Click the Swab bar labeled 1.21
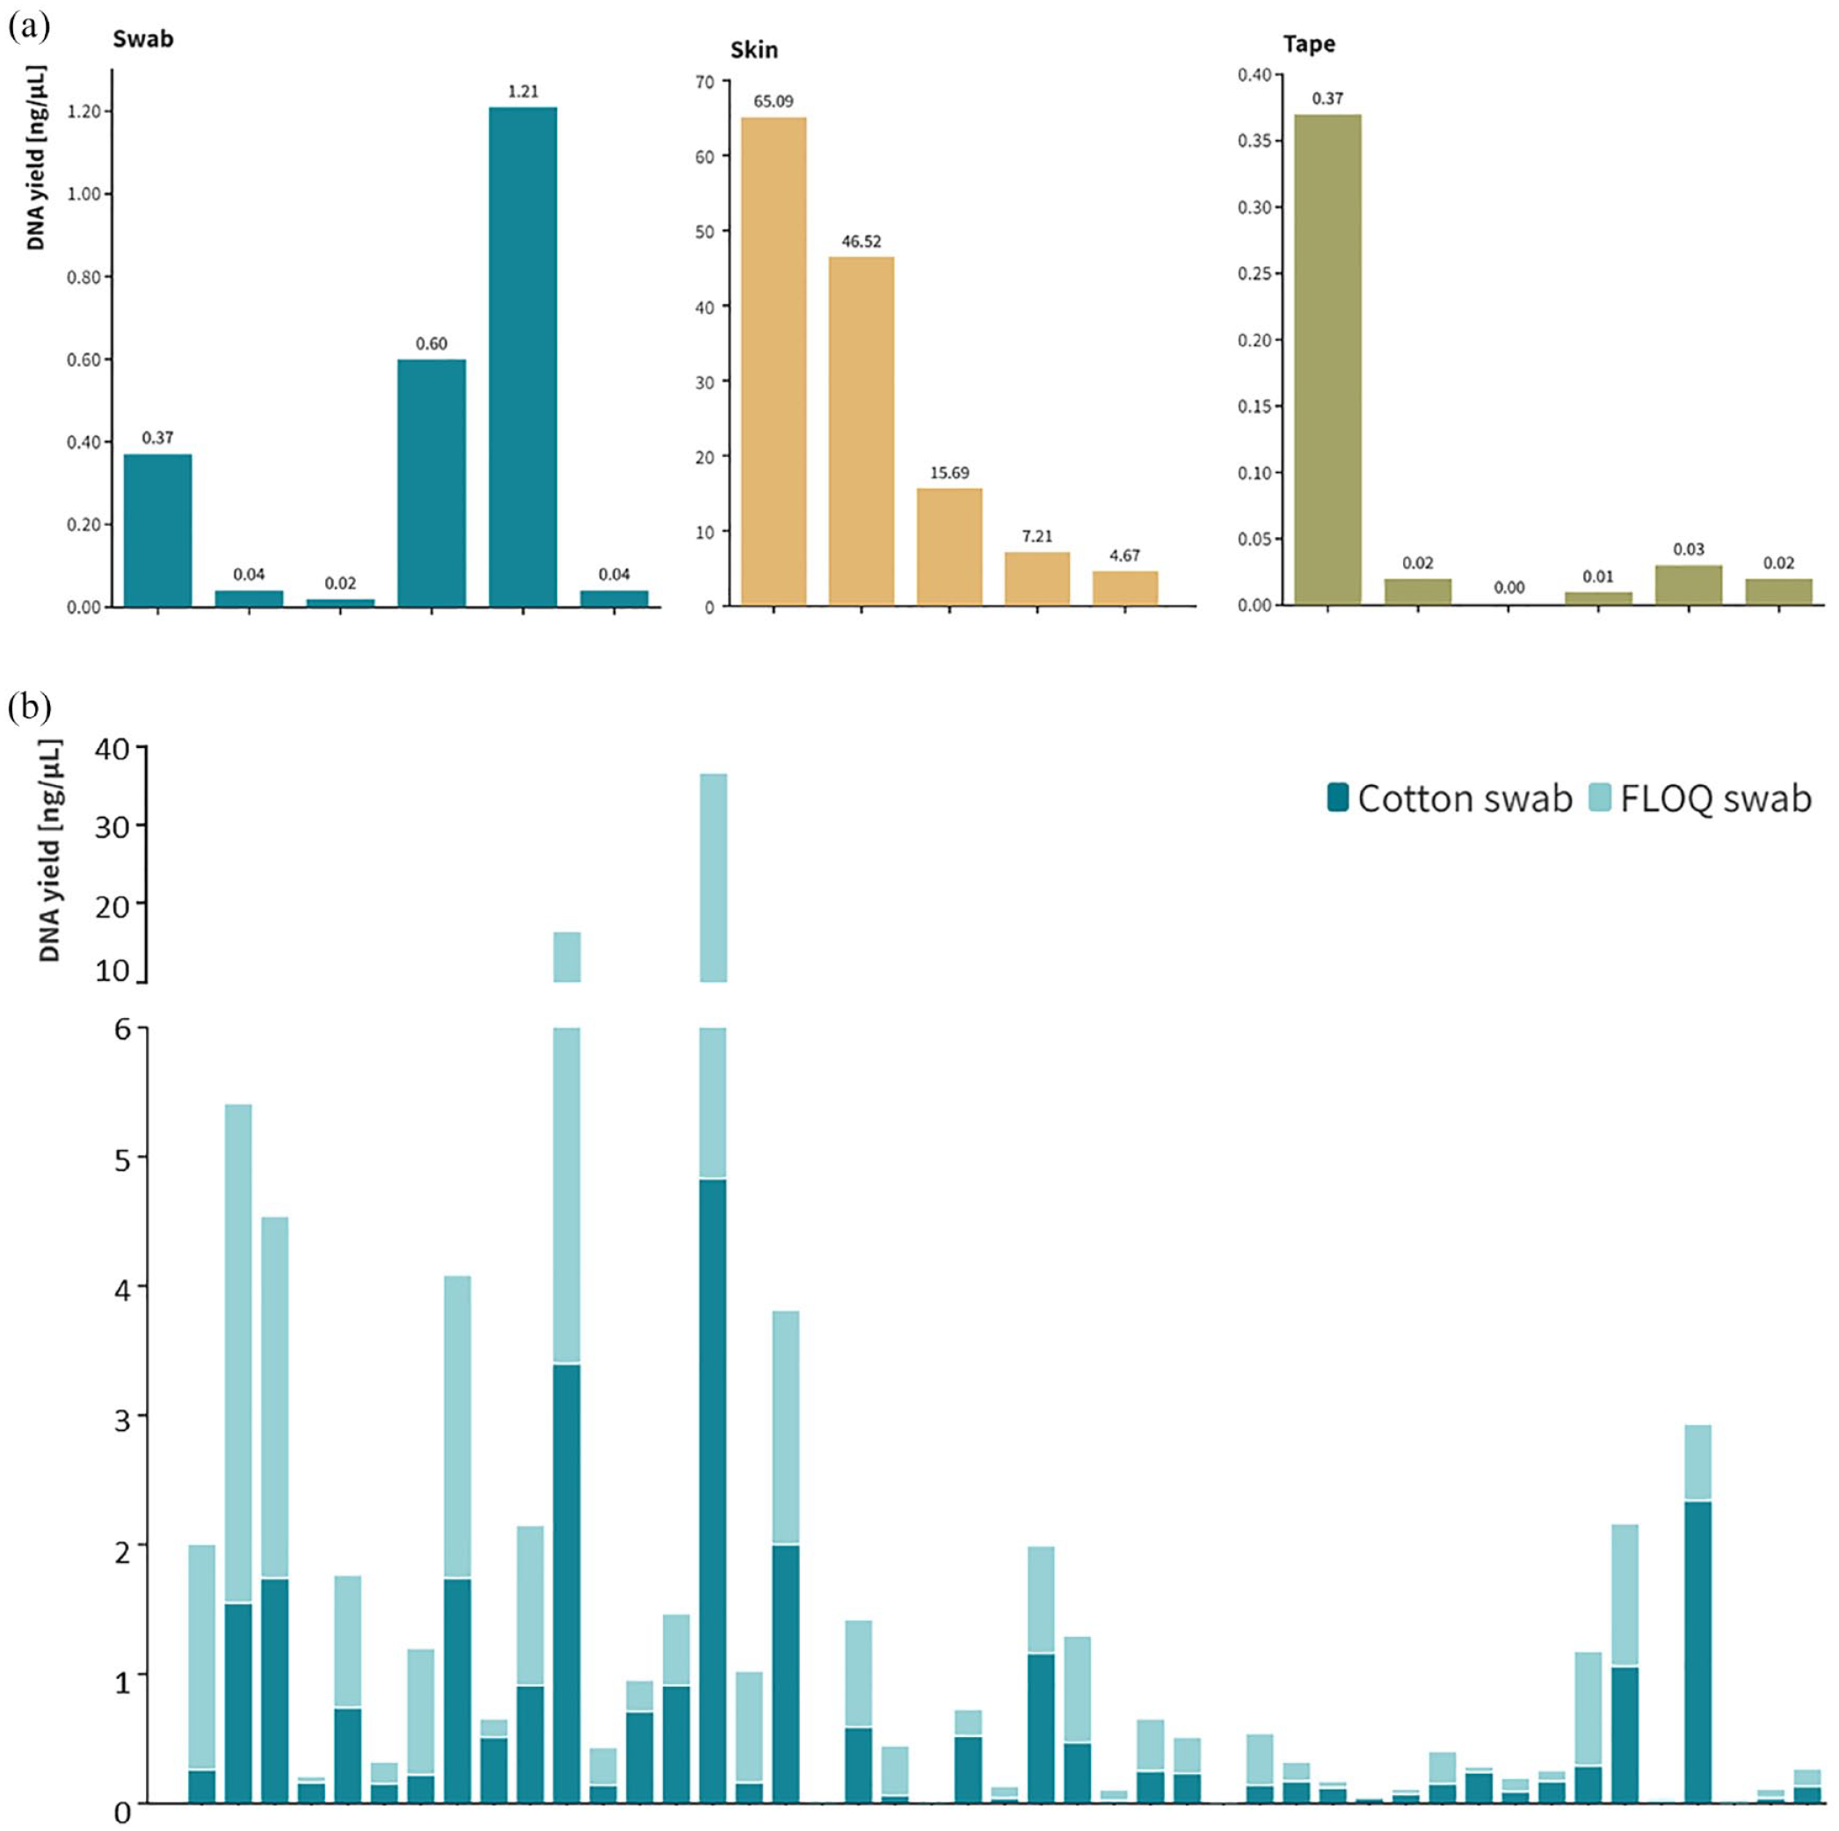(522, 357)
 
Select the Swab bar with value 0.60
(432, 483)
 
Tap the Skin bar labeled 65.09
(773, 361)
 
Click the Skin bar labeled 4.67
(1125, 588)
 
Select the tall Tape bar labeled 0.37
(1328, 360)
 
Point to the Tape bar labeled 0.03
(1689, 585)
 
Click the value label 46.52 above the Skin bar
(861, 242)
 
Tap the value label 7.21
(1036, 537)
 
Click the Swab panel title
(142, 39)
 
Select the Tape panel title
(1308, 44)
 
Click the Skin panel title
(754, 49)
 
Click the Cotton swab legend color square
(1337, 797)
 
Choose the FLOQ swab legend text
(1715, 798)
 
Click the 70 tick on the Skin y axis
(704, 81)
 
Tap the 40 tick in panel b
(112, 748)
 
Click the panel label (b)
(28, 707)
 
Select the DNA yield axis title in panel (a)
(37, 158)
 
